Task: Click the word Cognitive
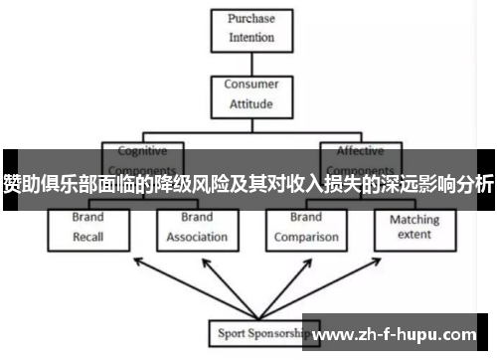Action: pyautogui.click(x=143, y=151)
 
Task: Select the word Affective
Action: pyautogui.click(x=359, y=151)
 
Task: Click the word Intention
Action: pyautogui.click(x=251, y=39)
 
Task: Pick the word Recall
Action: pyautogui.click(x=87, y=238)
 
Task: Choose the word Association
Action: pyautogui.click(x=197, y=238)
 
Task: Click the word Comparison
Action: pyautogui.click(x=306, y=238)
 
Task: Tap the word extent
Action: pyautogui.click(x=414, y=235)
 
